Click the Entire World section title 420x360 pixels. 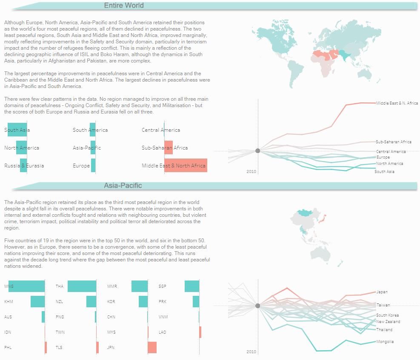point(124,6)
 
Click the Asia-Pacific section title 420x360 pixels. point(123,186)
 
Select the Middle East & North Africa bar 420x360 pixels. point(186,165)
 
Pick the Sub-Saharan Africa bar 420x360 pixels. point(169,147)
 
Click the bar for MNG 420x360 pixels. point(26,286)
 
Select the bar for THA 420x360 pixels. point(82,286)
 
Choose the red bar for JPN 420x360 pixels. point(152,347)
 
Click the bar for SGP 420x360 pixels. point(192,286)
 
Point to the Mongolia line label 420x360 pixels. point(385,342)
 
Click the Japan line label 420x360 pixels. point(382,292)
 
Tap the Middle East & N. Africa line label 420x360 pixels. point(397,103)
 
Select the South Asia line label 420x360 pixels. point(384,172)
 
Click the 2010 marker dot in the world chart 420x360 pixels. point(257,151)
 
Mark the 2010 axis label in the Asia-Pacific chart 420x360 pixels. point(251,351)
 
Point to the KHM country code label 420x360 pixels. point(8,301)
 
